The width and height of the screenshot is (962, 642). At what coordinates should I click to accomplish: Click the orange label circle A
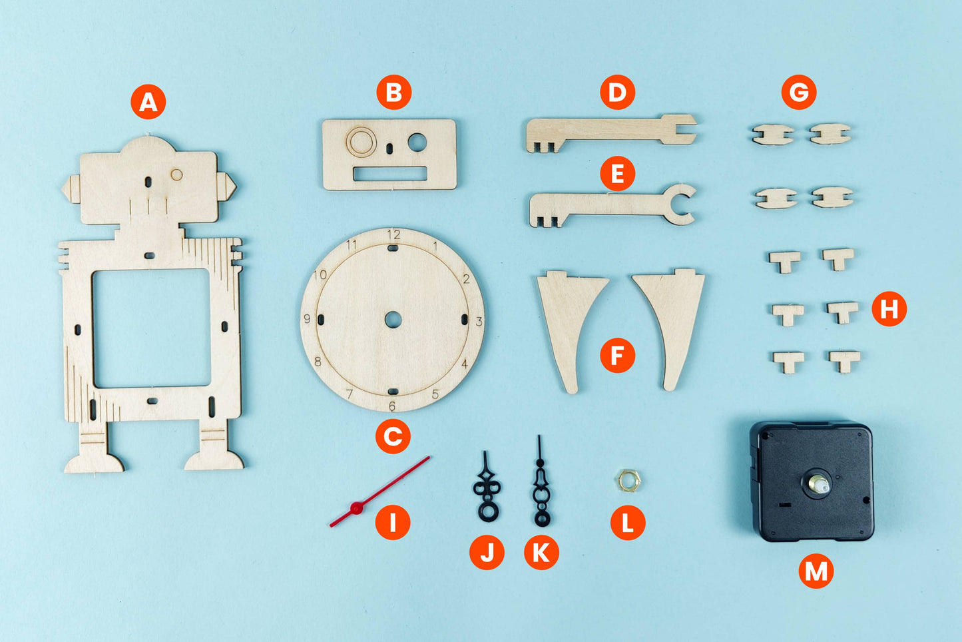pyautogui.click(x=148, y=102)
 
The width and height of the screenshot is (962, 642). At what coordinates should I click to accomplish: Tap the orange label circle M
pyautogui.click(x=816, y=571)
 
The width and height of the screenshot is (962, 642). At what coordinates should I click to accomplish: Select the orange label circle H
pyautogui.click(x=889, y=308)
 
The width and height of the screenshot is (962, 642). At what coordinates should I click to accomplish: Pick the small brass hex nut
pyautogui.click(x=626, y=478)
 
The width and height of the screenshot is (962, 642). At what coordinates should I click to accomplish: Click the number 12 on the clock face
pyautogui.click(x=393, y=234)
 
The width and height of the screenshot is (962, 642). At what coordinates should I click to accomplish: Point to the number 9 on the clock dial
pyautogui.click(x=307, y=319)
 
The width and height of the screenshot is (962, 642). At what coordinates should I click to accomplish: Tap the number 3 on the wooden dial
pyautogui.click(x=479, y=322)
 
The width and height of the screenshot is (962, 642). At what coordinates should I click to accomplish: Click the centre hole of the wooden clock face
pyautogui.click(x=393, y=320)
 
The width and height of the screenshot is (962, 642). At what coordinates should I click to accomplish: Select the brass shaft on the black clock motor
pyautogui.click(x=818, y=484)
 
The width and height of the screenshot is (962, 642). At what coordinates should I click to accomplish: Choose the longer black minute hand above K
pyautogui.click(x=541, y=486)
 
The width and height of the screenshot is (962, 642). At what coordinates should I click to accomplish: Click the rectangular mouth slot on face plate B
pyautogui.click(x=389, y=174)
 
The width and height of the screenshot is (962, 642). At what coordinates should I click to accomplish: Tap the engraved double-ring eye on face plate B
pyautogui.click(x=360, y=141)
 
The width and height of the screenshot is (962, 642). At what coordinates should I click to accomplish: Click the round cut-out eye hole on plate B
pyautogui.click(x=417, y=141)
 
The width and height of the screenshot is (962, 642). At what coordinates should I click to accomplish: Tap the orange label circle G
pyautogui.click(x=799, y=93)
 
